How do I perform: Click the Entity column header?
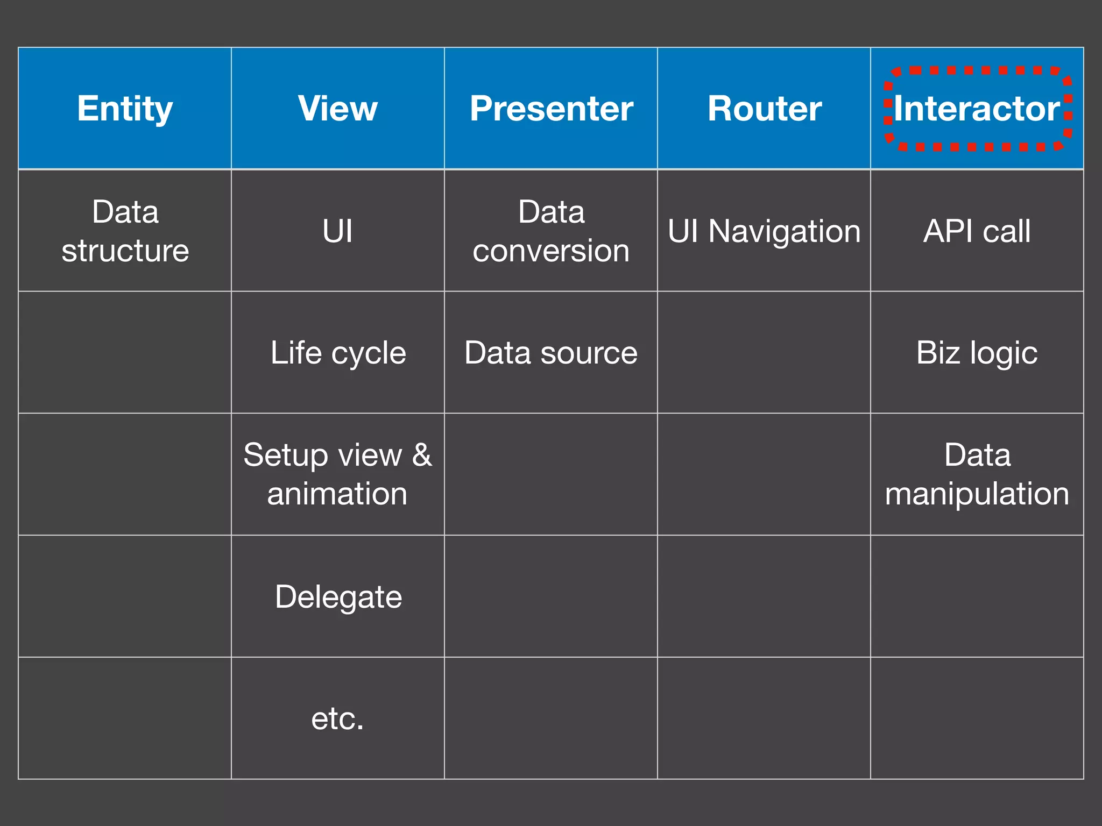tap(125, 109)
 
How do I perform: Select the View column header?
tap(338, 109)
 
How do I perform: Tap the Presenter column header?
tap(551, 109)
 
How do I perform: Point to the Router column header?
tap(764, 109)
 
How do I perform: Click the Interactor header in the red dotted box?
tap(977, 109)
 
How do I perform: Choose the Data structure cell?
tap(125, 231)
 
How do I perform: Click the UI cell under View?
tap(338, 231)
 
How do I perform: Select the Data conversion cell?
tap(551, 231)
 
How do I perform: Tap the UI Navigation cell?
tap(764, 231)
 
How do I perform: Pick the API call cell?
tap(977, 231)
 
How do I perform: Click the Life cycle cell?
tap(338, 353)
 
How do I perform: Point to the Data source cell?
tap(551, 353)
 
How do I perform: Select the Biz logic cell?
tap(977, 353)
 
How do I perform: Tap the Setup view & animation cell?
tap(338, 474)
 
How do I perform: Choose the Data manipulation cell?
tap(977, 474)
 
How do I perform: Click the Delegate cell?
tap(338, 596)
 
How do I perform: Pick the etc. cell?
tap(338, 718)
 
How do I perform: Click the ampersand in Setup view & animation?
tap(422, 455)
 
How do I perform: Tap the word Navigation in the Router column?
tap(785, 231)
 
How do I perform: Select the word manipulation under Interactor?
tap(977, 494)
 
